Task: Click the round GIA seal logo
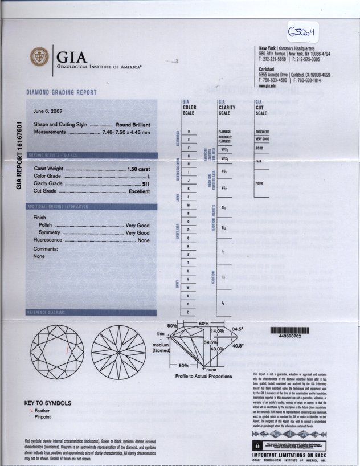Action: tap(40, 58)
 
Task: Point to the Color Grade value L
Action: tap(148, 177)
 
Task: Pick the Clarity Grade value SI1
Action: tap(145, 184)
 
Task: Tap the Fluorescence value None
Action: tap(144, 240)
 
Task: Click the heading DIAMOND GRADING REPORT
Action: tap(62, 92)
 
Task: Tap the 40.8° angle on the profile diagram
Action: tap(238, 345)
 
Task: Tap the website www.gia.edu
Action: tap(268, 86)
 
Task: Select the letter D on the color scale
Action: tap(188, 132)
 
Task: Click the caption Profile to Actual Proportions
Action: tap(203, 376)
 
